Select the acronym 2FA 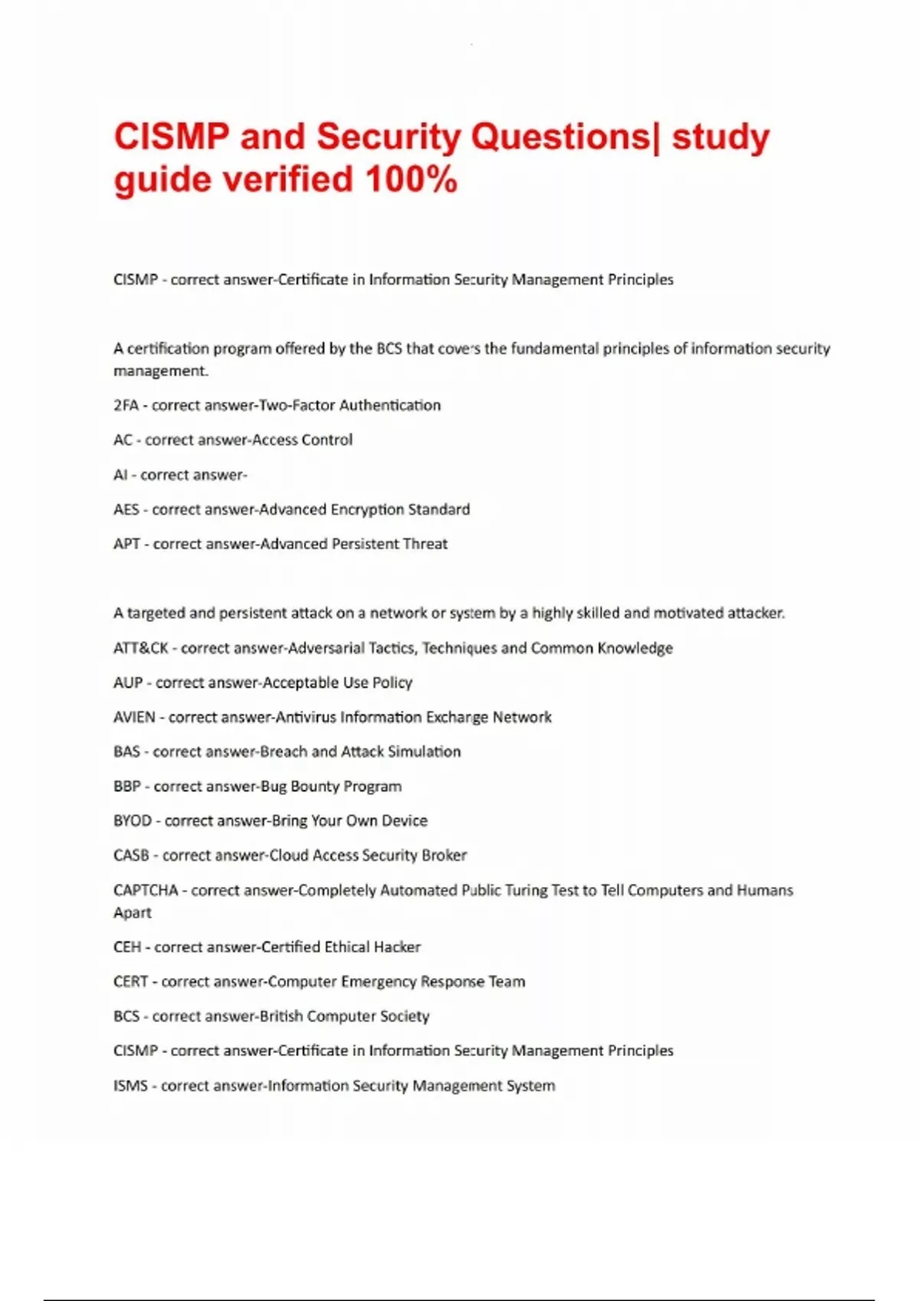pyautogui.click(x=126, y=406)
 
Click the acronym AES pyautogui.click(x=126, y=510)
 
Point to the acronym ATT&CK pyautogui.click(x=140, y=648)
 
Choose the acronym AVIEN pyautogui.click(x=134, y=718)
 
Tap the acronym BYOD pyautogui.click(x=132, y=821)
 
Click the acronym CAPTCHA pyautogui.click(x=146, y=891)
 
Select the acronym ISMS pyautogui.click(x=130, y=1086)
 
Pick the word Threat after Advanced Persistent pyautogui.click(x=425, y=544)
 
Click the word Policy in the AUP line pyautogui.click(x=392, y=683)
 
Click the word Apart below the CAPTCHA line pyautogui.click(x=132, y=913)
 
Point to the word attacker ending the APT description pyautogui.click(x=755, y=613)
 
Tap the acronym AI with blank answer pyautogui.click(x=120, y=475)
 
